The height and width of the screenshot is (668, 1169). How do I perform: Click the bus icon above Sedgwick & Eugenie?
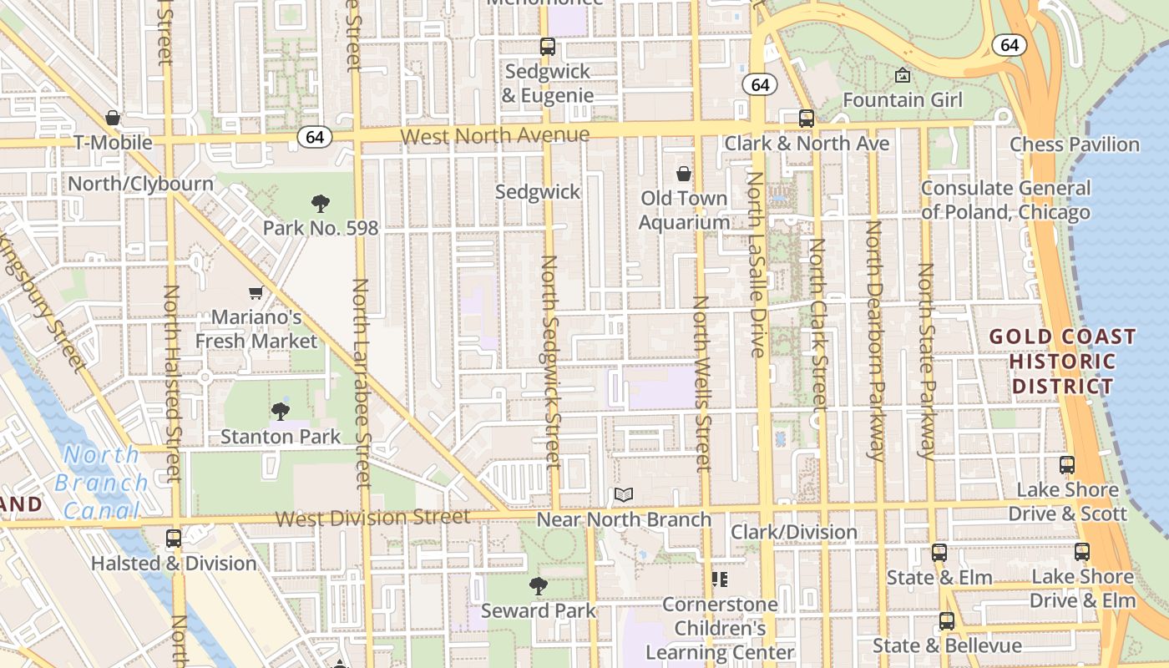[548, 47]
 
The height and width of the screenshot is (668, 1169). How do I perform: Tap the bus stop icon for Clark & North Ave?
[806, 119]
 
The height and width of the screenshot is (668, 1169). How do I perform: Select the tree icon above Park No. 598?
[320, 203]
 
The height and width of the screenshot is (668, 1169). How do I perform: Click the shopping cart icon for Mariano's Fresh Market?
[256, 292]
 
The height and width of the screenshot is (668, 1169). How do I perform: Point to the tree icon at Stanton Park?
[281, 411]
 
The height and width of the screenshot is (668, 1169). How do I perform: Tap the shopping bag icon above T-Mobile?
[113, 118]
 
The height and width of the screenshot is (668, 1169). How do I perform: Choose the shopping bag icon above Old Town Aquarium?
[684, 174]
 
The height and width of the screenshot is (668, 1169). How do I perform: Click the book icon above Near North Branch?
[624, 494]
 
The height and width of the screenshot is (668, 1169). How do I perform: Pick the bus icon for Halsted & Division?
[174, 539]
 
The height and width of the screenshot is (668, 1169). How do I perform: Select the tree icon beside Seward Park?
[539, 586]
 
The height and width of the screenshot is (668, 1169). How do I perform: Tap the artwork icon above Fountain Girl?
[903, 76]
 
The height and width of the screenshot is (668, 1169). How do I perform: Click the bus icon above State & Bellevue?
[947, 621]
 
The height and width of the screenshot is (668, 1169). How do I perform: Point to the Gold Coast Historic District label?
[1062, 362]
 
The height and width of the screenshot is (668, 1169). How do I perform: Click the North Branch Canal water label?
[101, 483]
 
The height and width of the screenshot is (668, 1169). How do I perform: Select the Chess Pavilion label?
[1075, 144]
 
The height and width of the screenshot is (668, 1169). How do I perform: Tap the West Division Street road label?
[372, 518]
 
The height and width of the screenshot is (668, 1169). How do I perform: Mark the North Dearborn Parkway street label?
[874, 341]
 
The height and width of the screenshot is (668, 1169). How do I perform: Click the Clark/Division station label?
[794, 532]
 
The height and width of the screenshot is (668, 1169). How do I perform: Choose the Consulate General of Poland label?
[1005, 200]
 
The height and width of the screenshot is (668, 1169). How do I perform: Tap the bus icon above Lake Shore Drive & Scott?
[1067, 465]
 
